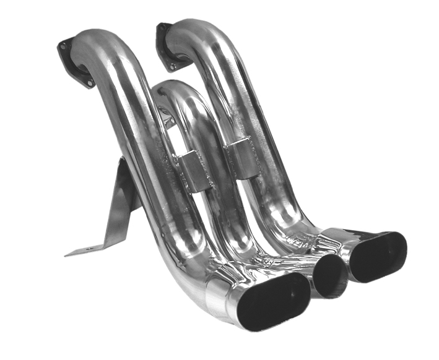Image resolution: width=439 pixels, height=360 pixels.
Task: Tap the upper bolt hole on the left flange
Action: [64, 45]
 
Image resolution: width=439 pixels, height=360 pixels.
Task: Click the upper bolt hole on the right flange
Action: [162, 27]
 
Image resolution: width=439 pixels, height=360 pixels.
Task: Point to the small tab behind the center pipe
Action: [162, 114]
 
